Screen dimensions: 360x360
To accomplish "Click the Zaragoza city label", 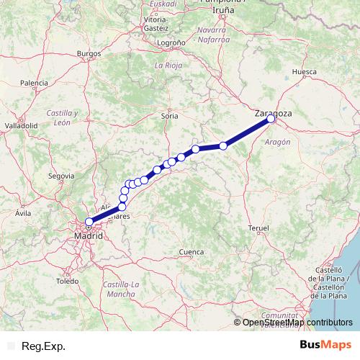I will pos(273,113).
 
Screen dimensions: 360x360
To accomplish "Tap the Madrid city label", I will pos(88,235).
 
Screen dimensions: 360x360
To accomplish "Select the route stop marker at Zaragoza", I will pos(271,120).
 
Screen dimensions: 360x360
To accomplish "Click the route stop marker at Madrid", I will pos(89,222).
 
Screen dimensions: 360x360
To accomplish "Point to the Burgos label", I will pos(89,53).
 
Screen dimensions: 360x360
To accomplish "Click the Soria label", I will pos(170,115).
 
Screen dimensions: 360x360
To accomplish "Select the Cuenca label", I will pos(191,252).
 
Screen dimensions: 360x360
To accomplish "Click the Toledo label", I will pos(67,281).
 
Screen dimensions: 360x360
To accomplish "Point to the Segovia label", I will pos(61,175).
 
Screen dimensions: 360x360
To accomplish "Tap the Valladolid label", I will pos(21,125).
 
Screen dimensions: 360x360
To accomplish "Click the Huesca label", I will pos(304,72).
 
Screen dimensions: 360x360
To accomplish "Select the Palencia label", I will pos(34,84).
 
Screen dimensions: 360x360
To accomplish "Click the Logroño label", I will pos(171,43).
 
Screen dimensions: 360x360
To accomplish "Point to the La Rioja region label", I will pos(168,65).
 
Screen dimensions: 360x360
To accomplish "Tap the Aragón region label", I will pos(277,143).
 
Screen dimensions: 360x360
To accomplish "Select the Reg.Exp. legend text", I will pos(44,346).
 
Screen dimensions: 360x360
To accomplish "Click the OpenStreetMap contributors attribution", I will pos(297,322).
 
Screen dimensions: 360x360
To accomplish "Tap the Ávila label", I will pos(23,213).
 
